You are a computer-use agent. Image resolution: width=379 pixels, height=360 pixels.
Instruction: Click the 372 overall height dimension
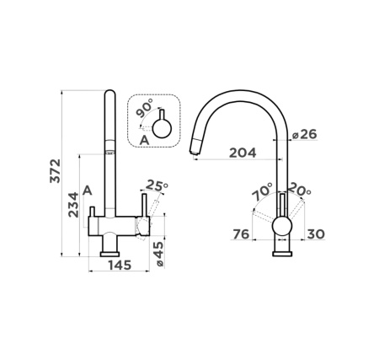55,171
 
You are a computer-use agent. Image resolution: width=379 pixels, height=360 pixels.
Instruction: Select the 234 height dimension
74,205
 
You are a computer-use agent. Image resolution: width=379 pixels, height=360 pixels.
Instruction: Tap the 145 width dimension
120,265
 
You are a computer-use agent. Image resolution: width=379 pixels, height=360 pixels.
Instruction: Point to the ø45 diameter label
158,255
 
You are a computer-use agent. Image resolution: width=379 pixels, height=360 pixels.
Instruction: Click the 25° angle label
157,185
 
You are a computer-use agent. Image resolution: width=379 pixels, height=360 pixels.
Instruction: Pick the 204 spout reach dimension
243,153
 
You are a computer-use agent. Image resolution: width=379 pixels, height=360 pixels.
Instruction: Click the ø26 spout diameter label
304,134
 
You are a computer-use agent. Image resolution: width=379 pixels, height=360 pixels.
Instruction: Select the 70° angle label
263,191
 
